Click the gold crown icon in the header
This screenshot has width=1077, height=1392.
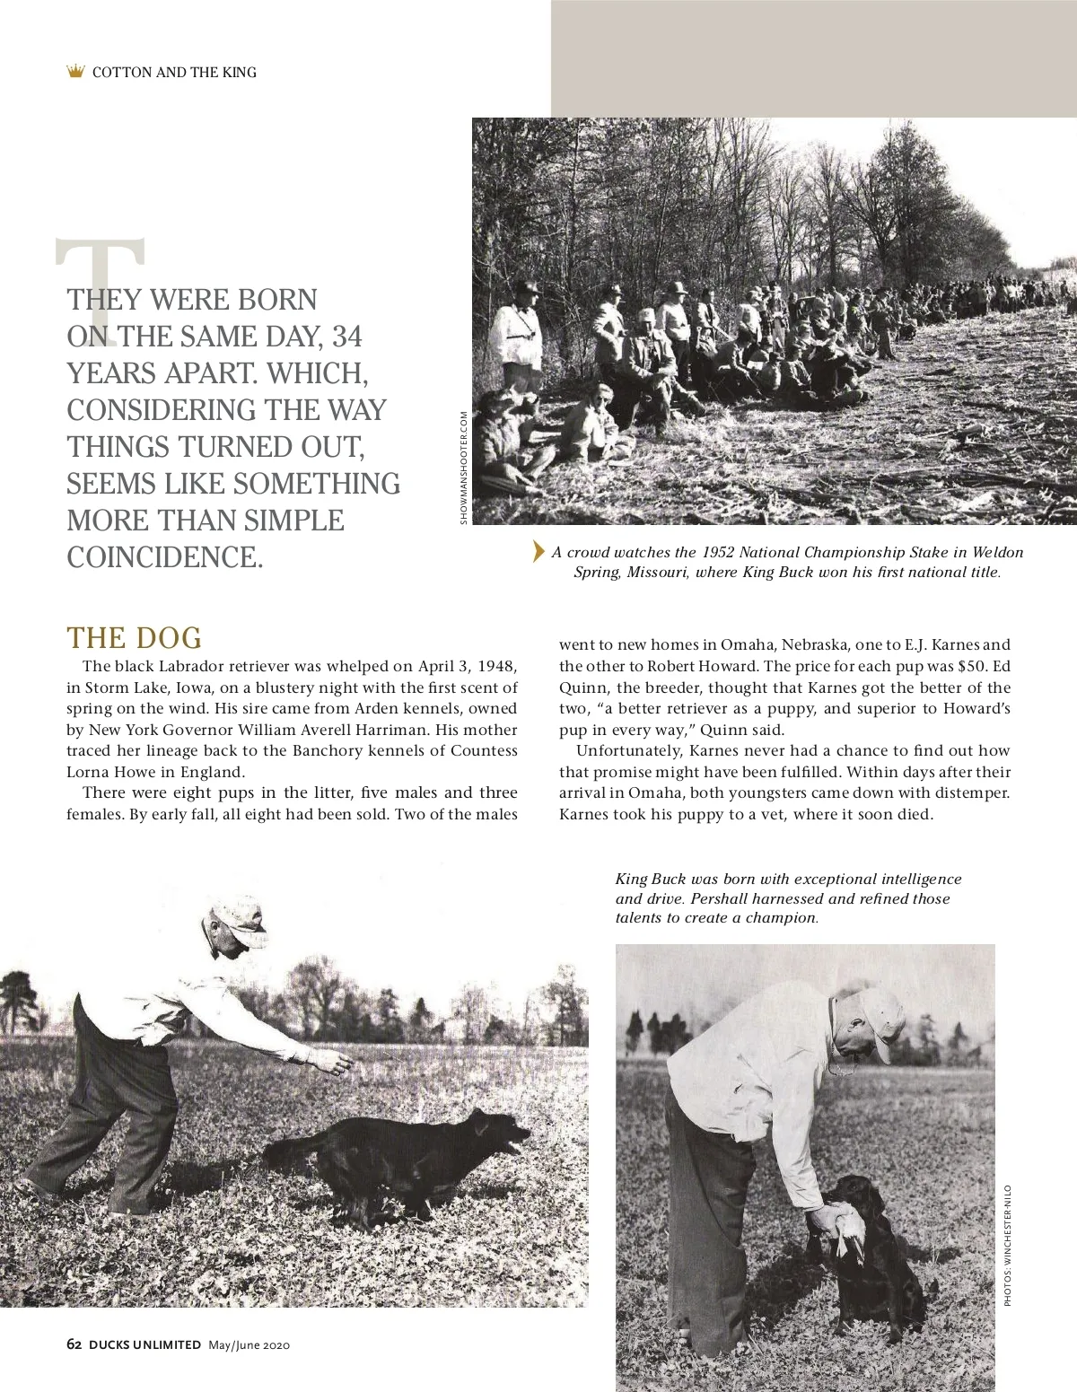[x=76, y=71]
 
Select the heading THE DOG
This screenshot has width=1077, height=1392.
[x=135, y=638]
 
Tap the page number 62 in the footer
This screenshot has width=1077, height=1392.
[x=74, y=1344]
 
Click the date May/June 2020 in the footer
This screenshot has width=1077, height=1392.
[x=249, y=1344]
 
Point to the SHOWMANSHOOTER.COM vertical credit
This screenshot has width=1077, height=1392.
[x=463, y=468]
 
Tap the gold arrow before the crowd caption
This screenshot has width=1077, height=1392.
[x=538, y=551]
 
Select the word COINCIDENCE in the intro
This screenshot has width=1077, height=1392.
[x=165, y=557]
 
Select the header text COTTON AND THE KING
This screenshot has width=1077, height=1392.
[x=174, y=72]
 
